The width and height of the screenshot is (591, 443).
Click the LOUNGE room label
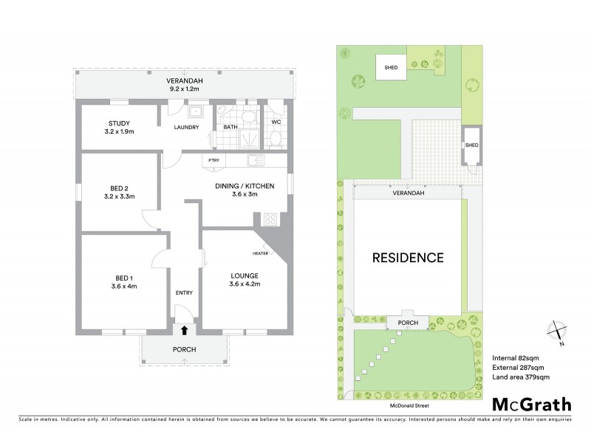pyautogui.click(x=244, y=280)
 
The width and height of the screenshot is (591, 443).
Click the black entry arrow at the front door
pyautogui.click(x=183, y=331)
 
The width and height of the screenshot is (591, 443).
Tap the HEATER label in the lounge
pyautogui.click(x=260, y=253)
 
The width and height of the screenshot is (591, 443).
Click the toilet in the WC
pyautogui.click(x=276, y=137)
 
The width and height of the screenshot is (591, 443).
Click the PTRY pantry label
pyautogui.click(x=213, y=160)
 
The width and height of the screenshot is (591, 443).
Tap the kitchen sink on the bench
pyautogui.click(x=256, y=160)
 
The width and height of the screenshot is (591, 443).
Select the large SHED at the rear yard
pyautogui.click(x=390, y=66)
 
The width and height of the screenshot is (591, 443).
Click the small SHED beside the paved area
pyautogui.click(x=471, y=145)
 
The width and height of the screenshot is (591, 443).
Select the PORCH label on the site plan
pyautogui.click(x=408, y=323)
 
